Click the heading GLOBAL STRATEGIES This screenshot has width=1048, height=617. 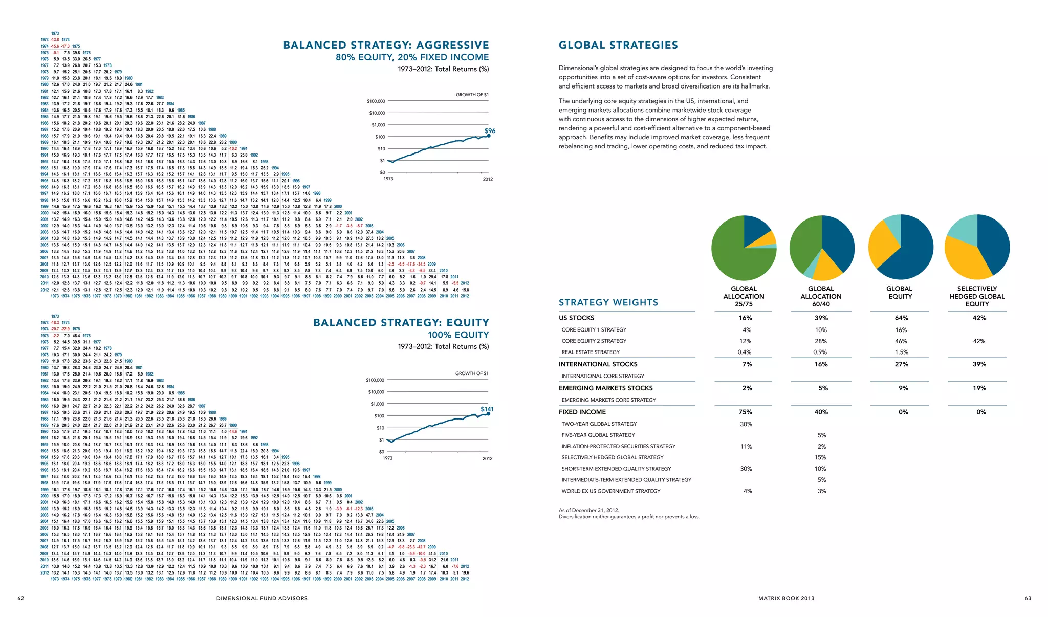[x=618, y=46]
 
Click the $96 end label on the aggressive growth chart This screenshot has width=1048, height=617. [x=490, y=131]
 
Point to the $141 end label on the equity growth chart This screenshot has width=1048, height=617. [x=487, y=409]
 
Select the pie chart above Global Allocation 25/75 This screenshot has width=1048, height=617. [x=744, y=248]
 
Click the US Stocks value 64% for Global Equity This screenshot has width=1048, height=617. [x=901, y=318]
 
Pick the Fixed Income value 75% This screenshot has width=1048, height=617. [x=746, y=412]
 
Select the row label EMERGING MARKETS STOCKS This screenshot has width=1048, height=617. [x=605, y=388]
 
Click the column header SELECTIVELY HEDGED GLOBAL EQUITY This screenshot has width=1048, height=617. [x=977, y=296]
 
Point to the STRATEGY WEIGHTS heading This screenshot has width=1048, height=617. [x=608, y=303]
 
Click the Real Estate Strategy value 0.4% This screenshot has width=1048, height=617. [x=745, y=352]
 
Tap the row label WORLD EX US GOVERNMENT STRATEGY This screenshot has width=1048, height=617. [x=610, y=491]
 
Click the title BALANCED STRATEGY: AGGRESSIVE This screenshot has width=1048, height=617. [x=386, y=46]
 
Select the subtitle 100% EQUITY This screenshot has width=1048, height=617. [x=458, y=335]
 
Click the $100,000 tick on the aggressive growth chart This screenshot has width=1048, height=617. [x=376, y=101]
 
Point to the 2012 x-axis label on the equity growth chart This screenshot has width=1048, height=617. [x=487, y=458]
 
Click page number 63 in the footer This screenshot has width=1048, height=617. [x=1028, y=598]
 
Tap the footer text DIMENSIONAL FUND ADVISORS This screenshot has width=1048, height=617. [x=262, y=598]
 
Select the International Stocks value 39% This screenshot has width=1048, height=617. [x=979, y=364]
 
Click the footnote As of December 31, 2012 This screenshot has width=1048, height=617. [x=589, y=510]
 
